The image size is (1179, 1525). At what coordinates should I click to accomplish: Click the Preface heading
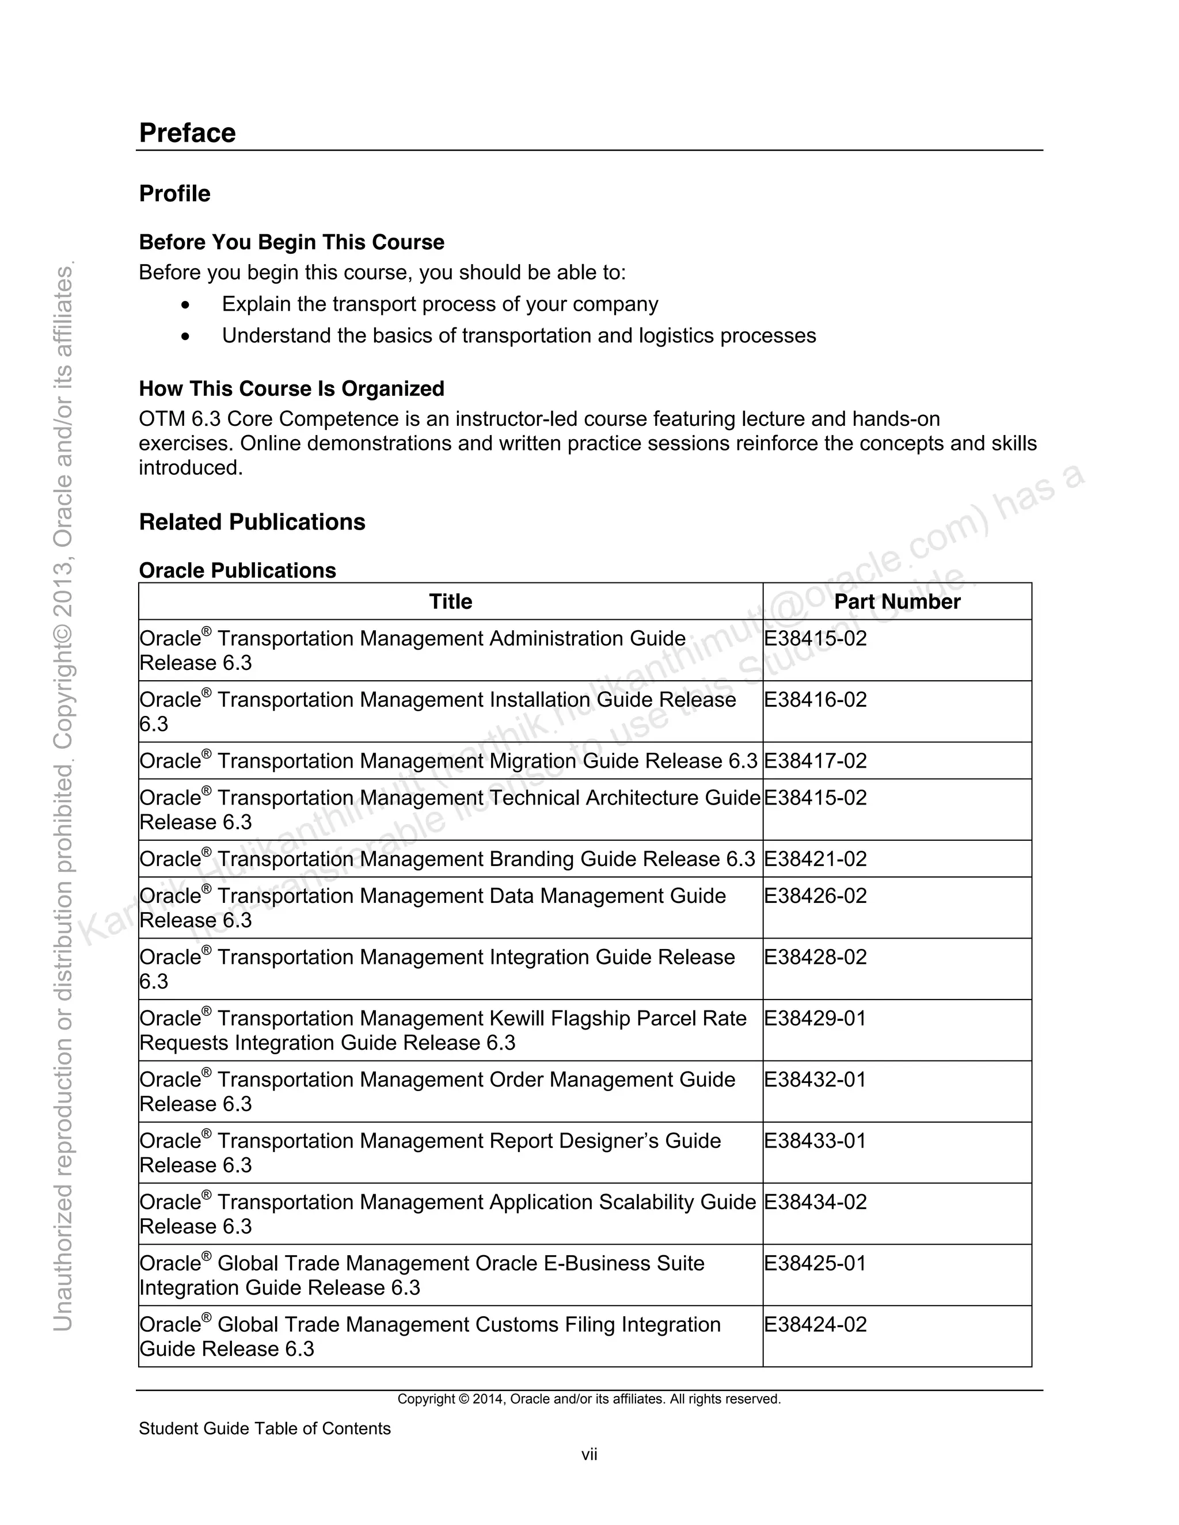coord(187,134)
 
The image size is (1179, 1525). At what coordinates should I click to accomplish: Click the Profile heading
coord(174,193)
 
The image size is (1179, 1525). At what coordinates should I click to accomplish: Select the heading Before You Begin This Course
coord(291,242)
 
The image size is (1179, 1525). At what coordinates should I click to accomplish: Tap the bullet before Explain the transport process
coord(185,305)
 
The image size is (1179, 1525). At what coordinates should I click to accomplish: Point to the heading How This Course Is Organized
coord(291,389)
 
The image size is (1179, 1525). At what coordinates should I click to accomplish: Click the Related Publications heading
coord(252,523)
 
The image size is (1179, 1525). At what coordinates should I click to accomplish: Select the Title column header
coord(451,602)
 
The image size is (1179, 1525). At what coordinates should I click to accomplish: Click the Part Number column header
coord(897,602)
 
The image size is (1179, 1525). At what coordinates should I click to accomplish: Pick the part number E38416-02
coord(815,700)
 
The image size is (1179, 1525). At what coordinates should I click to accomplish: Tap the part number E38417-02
coord(815,761)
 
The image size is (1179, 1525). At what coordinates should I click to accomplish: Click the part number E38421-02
coord(815,859)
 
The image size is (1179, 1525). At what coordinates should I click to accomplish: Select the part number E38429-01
coord(815,1019)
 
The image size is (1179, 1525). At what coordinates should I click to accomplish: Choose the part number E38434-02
coord(815,1202)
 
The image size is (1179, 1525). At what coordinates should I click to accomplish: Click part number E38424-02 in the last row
coord(815,1325)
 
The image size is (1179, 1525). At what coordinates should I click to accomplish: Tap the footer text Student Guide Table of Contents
coord(265,1429)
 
